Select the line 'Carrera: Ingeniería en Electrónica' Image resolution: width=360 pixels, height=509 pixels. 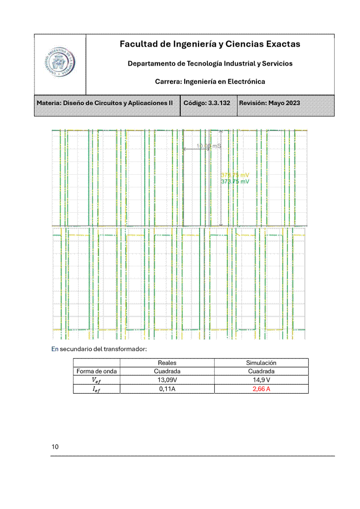210,82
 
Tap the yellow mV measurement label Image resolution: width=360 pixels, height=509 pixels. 235,175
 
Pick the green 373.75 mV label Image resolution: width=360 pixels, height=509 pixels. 235,181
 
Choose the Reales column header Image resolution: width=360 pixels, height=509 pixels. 167,363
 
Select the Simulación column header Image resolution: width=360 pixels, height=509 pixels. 261,363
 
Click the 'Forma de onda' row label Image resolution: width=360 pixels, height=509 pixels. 97,371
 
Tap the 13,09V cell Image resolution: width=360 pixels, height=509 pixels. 167,380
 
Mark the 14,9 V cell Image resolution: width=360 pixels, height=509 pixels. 261,380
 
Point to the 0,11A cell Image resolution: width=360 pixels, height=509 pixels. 167,389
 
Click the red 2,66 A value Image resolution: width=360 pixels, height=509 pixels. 261,389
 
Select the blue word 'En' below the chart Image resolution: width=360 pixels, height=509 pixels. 55,349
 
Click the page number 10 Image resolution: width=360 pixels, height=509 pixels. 55,447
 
